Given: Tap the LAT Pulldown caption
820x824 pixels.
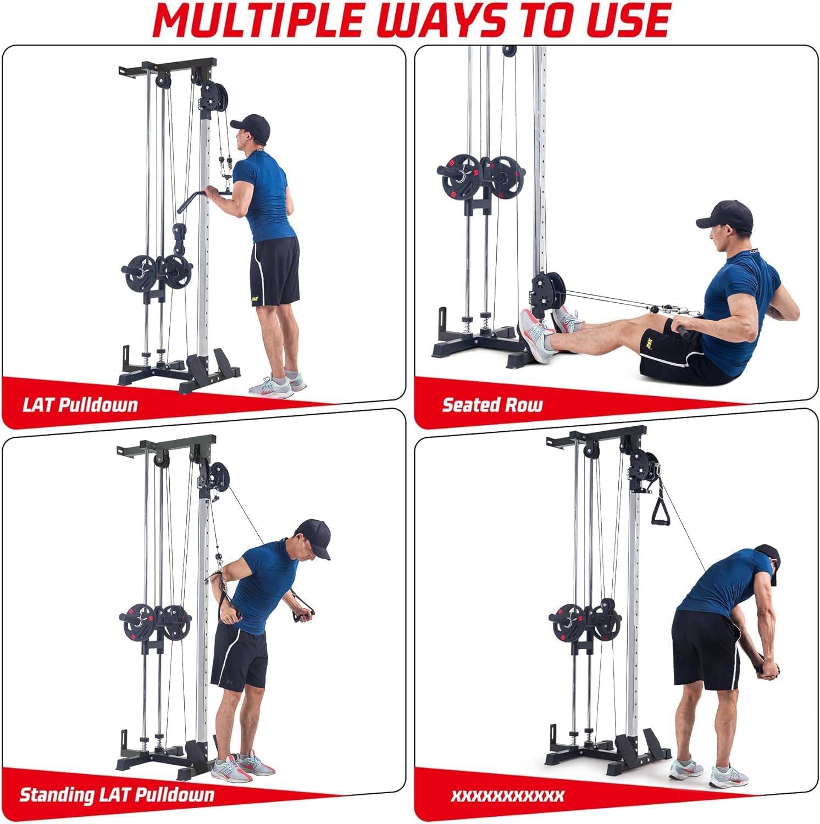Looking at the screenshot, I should click(x=80, y=405).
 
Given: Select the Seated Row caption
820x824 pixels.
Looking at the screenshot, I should click(x=492, y=405).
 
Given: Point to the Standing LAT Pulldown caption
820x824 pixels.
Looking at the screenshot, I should click(x=117, y=795).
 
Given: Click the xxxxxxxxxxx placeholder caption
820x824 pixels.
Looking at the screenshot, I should click(x=507, y=795).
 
